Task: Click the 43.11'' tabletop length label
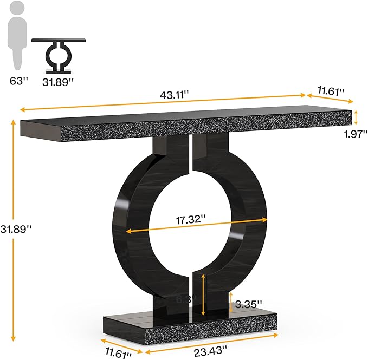[174, 94]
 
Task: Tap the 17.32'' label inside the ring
[191, 219]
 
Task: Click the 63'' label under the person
[18, 81]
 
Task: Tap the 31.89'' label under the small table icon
[58, 81]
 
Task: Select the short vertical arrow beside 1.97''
[356, 116]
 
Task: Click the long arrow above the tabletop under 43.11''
[163, 102]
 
